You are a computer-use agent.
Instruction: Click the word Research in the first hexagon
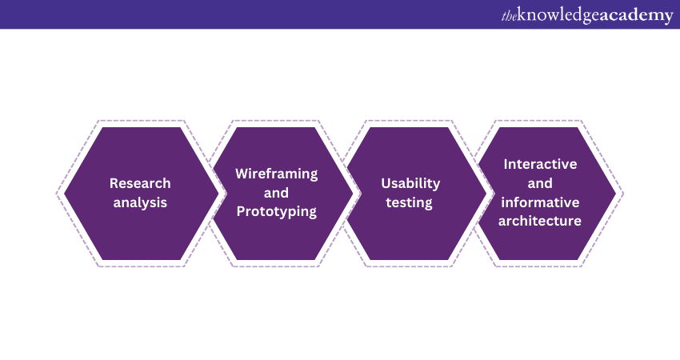tap(140, 183)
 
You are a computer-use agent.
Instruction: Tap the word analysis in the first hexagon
tap(140, 202)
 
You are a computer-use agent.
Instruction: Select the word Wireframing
tap(277, 174)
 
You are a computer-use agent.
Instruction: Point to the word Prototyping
tap(277, 212)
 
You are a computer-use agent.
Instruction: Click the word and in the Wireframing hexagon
tap(276, 193)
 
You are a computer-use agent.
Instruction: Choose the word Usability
tap(410, 183)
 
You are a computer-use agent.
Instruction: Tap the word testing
tap(410, 202)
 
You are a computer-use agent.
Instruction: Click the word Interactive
tap(540, 164)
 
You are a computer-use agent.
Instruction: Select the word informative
tap(540, 202)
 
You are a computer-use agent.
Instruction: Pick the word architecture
tap(540, 221)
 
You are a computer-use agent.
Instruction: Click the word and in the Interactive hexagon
tap(540, 183)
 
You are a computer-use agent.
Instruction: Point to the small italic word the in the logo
tap(510, 16)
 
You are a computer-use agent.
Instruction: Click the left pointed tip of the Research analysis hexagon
tap(64, 194)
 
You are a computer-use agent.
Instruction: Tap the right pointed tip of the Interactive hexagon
tap(616, 194)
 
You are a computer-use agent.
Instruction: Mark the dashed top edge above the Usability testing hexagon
tap(409, 121)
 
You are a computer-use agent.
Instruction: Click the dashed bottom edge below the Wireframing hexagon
tap(275, 266)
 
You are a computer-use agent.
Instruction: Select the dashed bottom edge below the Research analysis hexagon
tap(141, 266)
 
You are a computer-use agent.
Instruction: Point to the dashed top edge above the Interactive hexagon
tap(538, 121)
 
